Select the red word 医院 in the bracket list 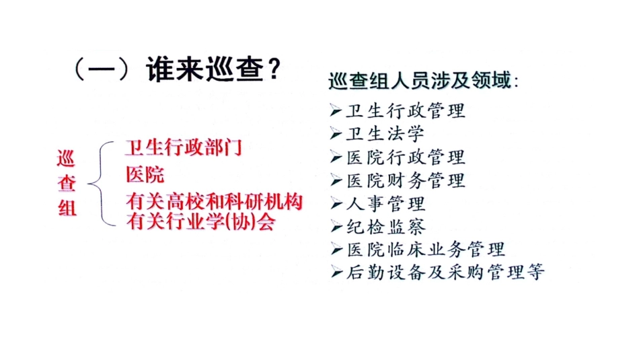pos(145,175)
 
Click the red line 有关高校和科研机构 pos(214,202)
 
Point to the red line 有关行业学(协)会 pos(200,221)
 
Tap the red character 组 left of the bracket pos(67,208)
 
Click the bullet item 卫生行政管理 pos(405,110)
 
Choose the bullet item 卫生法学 pos(385,133)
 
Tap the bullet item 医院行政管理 pos(405,157)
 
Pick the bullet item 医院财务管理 pos(405,180)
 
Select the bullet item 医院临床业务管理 pos(425,249)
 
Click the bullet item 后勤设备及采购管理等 pos(445,272)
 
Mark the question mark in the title pos(271,69)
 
